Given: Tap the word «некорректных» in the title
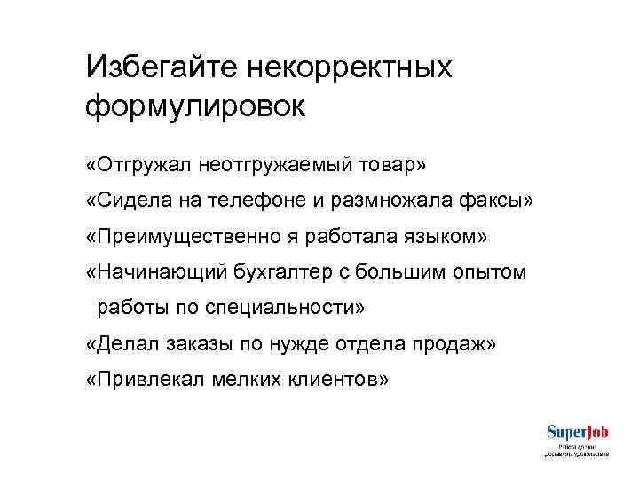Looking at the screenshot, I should point(350,67).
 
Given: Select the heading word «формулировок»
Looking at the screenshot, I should point(195,106).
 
